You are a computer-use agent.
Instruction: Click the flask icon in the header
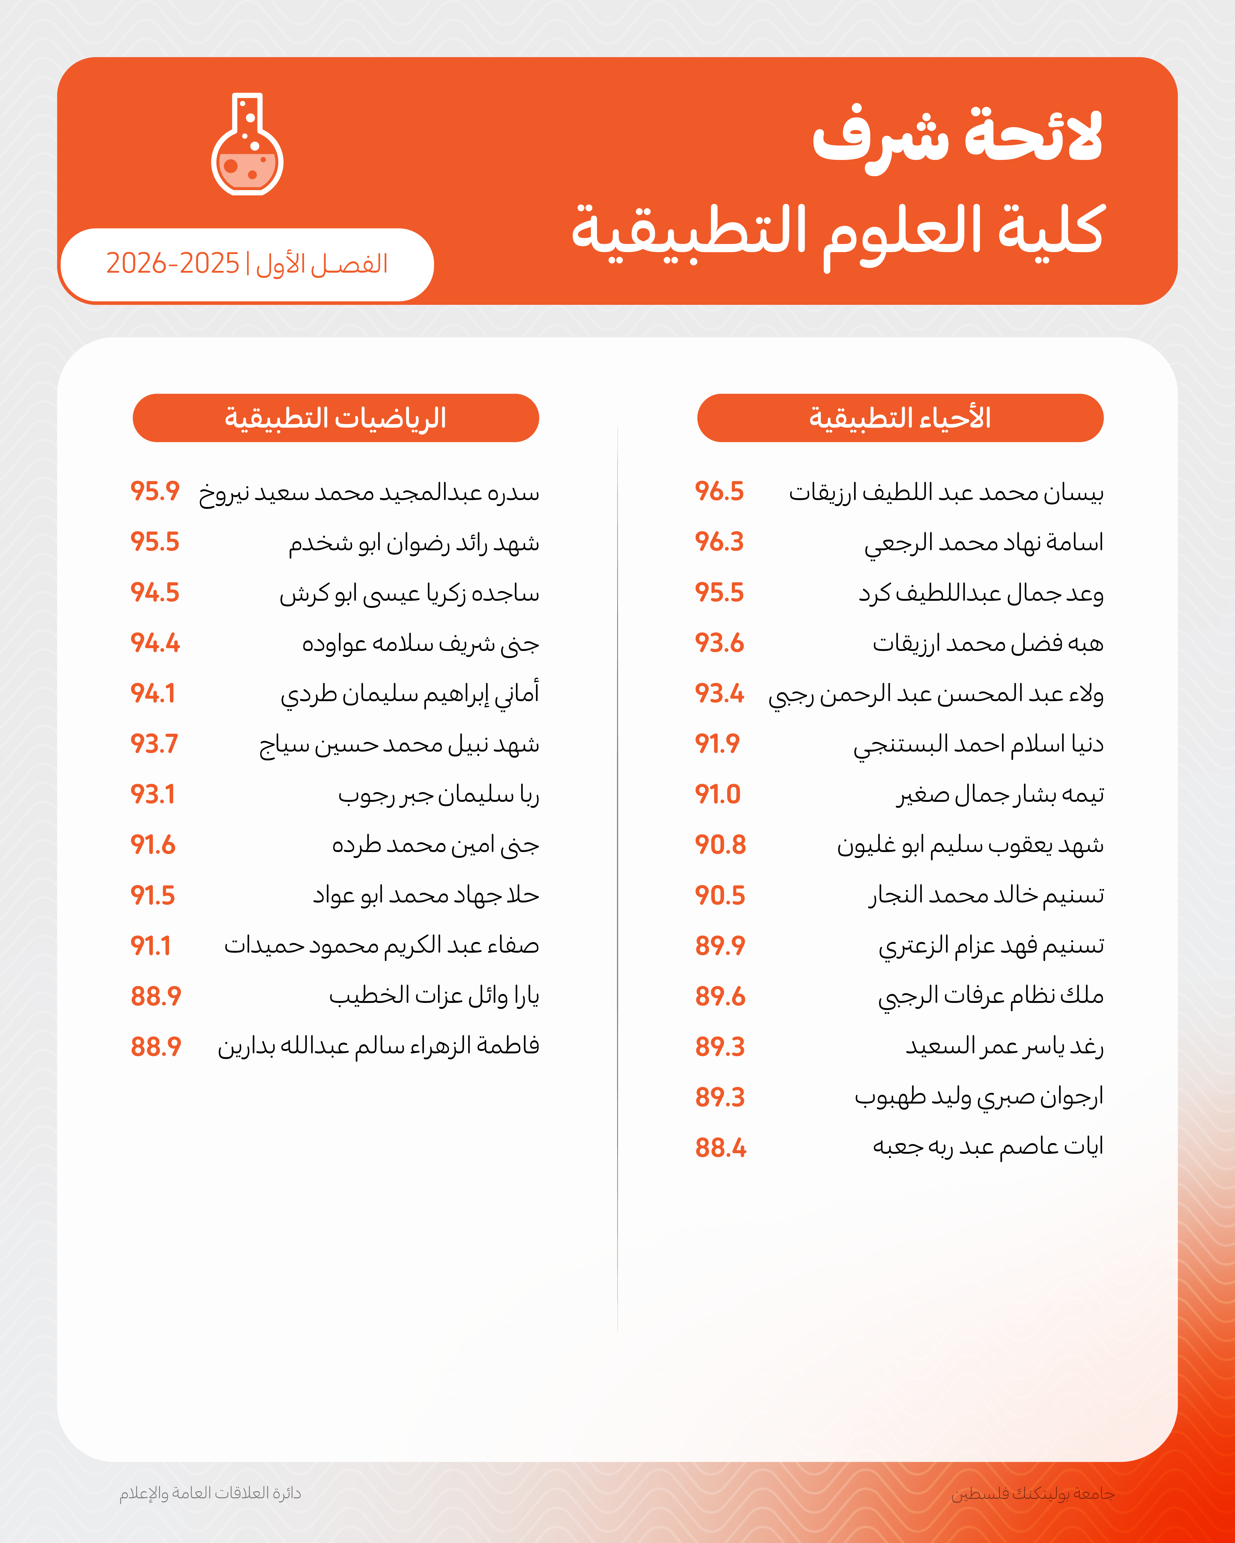247,145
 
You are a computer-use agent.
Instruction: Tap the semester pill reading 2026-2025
247,264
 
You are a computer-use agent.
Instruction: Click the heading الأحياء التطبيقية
900,418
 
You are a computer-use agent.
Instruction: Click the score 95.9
155,492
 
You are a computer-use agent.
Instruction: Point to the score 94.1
153,693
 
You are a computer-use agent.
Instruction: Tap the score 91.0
717,794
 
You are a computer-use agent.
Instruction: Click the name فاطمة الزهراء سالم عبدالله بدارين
378,1047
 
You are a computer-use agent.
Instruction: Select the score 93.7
154,744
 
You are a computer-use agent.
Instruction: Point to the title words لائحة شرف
957,136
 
